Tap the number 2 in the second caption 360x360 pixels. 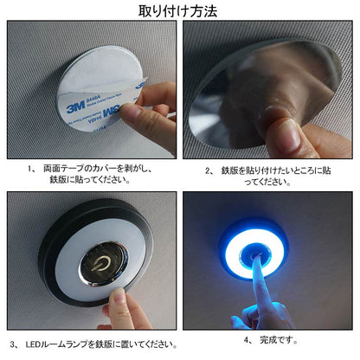209,171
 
